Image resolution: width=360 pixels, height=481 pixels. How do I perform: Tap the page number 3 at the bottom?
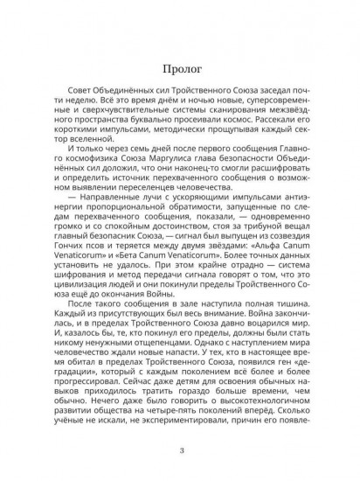(180, 450)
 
